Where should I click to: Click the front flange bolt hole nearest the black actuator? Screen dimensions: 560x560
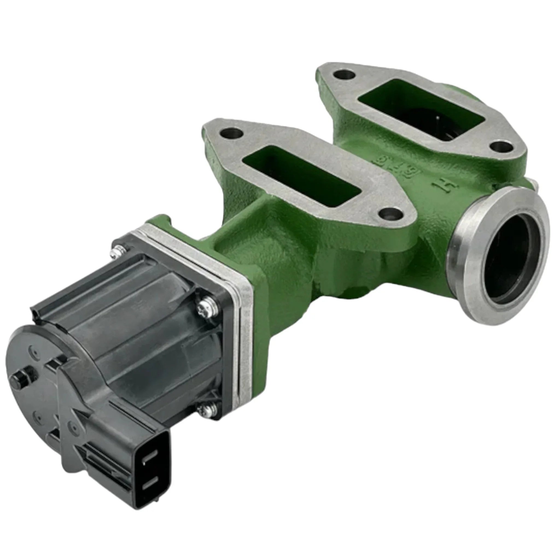tap(231, 134)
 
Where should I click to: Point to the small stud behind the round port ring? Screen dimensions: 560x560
tap(533, 183)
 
